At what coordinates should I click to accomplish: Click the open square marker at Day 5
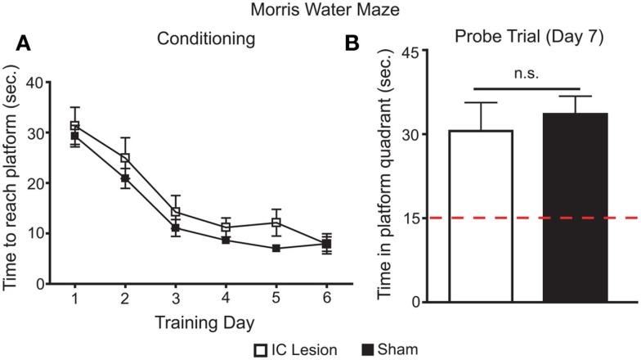click(x=276, y=223)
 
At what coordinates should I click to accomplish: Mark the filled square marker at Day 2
click(x=125, y=178)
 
